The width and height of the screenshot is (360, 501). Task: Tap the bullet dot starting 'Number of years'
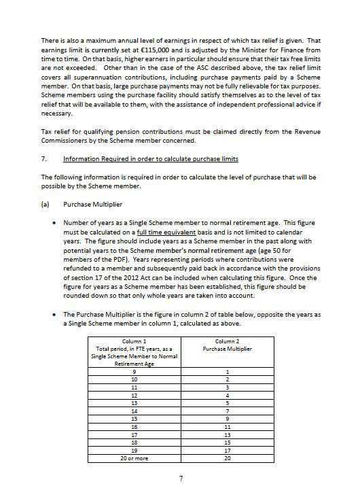54,222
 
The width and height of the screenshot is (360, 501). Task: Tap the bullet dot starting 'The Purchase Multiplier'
54,315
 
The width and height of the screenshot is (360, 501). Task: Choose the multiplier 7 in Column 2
228,411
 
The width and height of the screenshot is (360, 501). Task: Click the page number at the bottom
181,479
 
